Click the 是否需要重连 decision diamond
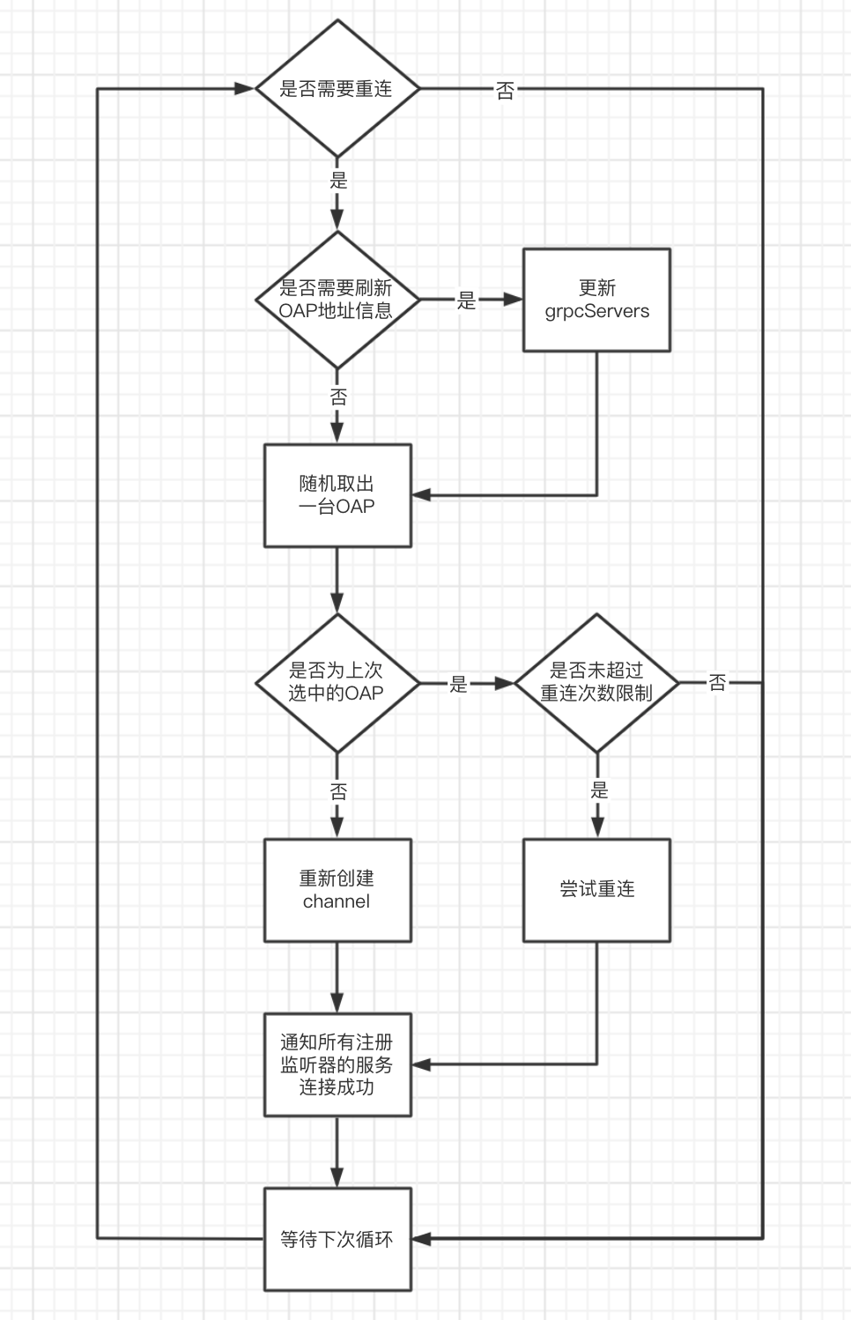click(x=337, y=89)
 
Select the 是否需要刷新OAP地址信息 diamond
click(x=337, y=300)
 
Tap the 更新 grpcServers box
click(x=596, y=300)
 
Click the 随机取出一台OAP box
click(x=337, y=495)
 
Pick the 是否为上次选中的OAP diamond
click(x=337, y=683)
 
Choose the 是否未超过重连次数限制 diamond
click(x=596, y=683)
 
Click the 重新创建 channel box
click(x=337, y=890)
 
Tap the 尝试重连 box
click(x=596, y=890)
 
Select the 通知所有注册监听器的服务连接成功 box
click(x=337, y=1064)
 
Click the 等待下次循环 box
click(x=337, y=1239)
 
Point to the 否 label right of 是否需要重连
click(x=505, y=91)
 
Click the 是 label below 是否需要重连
click(x=339, y=181)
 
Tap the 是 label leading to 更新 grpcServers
click(x=466, y=300)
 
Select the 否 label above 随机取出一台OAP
click(x=339, y=397)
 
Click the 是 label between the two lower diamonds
click(x=459, y=685)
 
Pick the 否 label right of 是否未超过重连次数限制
click(x=718, y=683)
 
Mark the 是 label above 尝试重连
click(x=599, y=790)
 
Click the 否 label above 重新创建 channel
click(x=339, y=792)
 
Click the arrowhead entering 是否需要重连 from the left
click(x=245, y=89)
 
